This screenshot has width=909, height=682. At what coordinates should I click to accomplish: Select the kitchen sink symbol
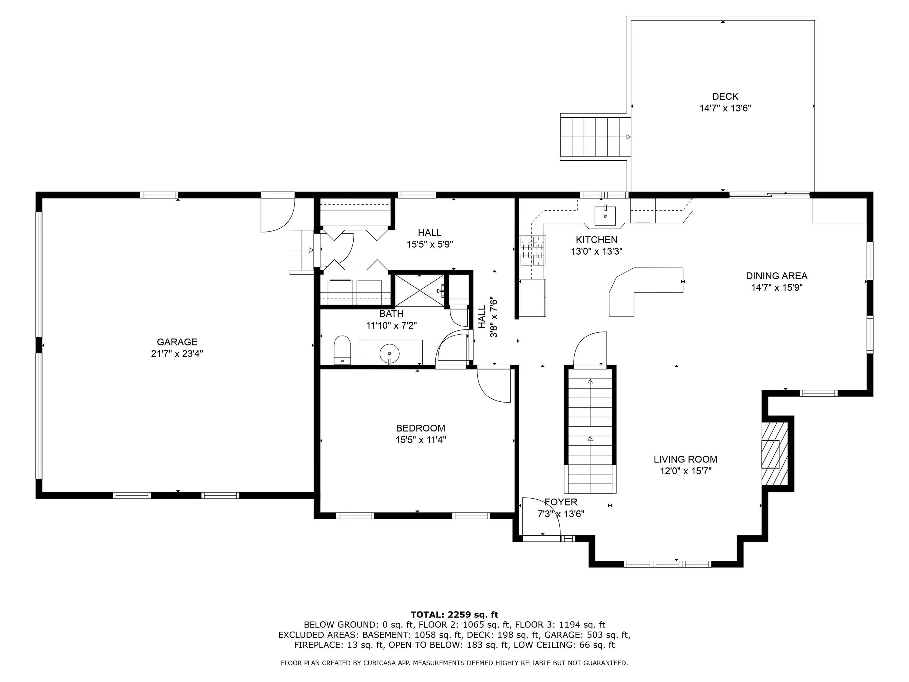[605, 216]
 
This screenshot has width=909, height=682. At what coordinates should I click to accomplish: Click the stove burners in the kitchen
[533, 250]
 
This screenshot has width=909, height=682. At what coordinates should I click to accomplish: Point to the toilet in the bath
[342, 350]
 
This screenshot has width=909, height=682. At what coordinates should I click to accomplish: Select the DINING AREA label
[776, 276]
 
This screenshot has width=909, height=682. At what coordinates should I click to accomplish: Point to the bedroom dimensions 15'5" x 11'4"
[420, 440]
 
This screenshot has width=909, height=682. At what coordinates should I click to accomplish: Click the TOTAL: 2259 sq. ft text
[454, 615]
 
